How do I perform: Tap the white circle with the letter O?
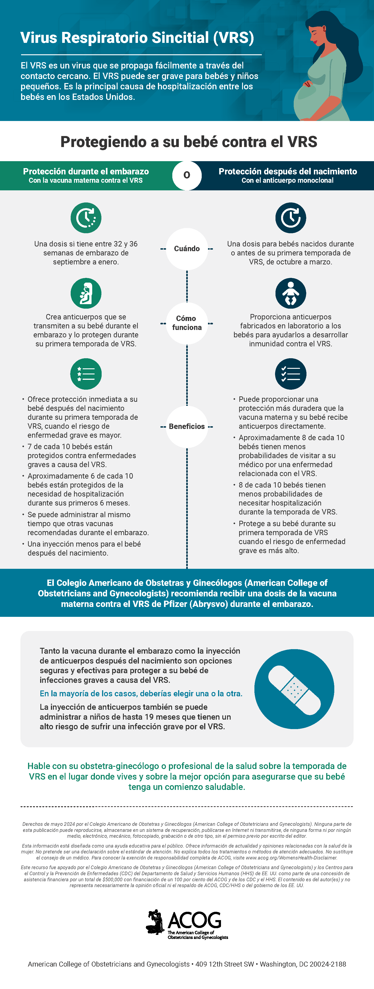pos(187,175)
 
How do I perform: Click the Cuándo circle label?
pos(187,249)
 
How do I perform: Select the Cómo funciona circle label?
pos(187,323)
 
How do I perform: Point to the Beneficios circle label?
pos(187,426)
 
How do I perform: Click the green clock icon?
pos(86,218)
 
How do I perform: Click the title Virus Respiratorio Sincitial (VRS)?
pos(137,38)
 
